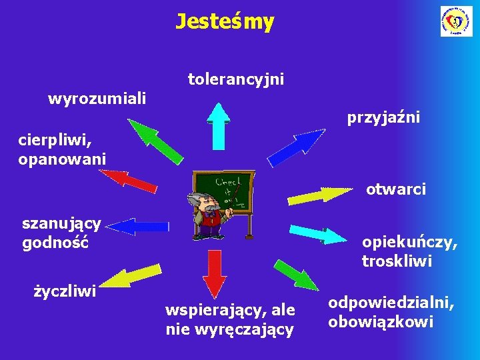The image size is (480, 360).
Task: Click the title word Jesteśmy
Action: point(225,22)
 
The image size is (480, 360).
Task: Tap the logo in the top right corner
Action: point(456,21)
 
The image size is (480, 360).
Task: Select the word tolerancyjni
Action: point(236,80)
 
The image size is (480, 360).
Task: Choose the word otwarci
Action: point(396,190)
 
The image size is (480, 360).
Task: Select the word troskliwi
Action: point(397,261)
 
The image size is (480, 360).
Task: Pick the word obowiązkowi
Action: point(380,323)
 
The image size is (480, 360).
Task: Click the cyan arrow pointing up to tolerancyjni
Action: point(218,123)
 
